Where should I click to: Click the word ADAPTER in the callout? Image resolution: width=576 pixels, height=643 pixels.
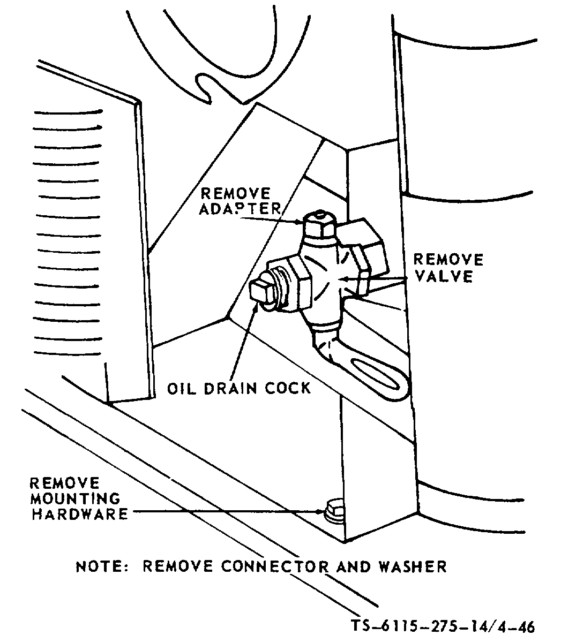240,208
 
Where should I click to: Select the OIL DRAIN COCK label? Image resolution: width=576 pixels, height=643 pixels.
238,387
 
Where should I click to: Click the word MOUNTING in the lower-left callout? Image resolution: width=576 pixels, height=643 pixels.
75,498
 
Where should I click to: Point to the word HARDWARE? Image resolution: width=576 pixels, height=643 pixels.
79,514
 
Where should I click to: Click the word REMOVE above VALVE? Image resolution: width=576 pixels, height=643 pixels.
448,260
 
